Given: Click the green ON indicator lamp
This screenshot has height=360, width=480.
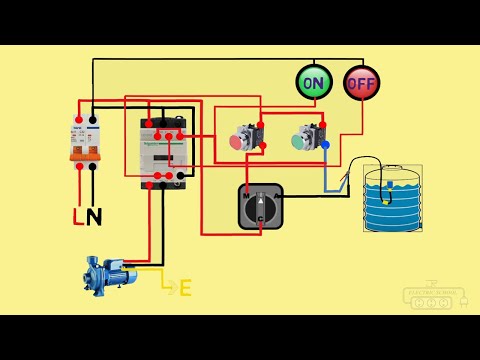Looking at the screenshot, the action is click(x=313, y=81).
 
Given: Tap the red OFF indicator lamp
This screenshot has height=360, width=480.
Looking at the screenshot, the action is click(x=360, y=81).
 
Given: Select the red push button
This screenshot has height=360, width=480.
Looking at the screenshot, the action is click(x=238, y=142).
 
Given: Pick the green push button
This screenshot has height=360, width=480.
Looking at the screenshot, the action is click(x=298, y=142).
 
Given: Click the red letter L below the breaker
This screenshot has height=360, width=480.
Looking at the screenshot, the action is click(x=78, y=216).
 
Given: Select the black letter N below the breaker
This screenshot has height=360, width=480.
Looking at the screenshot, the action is click(x=95, y=216).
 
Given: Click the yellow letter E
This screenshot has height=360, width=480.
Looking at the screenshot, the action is click(x=185, y=288).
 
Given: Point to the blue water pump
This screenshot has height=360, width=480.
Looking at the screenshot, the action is click(x=105, y=271).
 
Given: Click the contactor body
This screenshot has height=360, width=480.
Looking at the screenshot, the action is click(x=164, y=151).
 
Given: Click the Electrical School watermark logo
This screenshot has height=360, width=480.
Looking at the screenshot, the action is click(x=433, y=297).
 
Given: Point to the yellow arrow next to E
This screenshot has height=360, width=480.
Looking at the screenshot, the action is click(x=168, y=288).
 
